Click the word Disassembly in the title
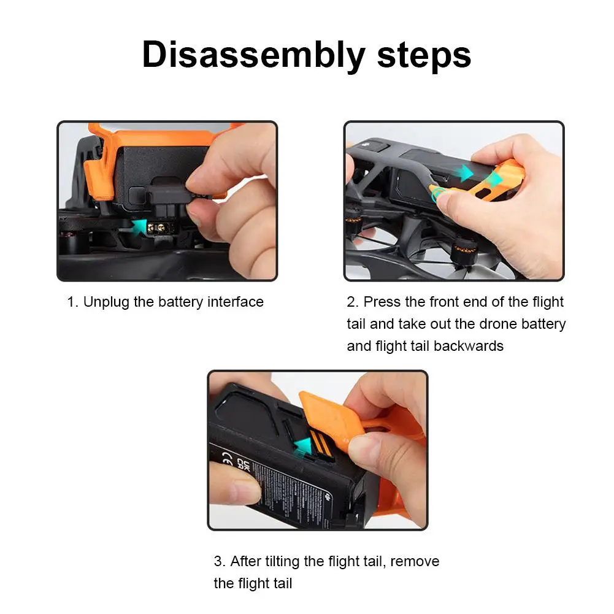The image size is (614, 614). pos(253,55)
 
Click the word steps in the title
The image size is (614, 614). pos(424,55)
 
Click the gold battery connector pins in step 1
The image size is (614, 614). pos(160,228)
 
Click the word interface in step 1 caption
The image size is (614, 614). pos(236,302)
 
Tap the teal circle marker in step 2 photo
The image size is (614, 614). pos(438,194)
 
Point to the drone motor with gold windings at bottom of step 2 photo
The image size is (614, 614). pos(462,253)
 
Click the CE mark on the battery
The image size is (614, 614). pos(227,458)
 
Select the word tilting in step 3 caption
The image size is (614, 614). pos(282,561)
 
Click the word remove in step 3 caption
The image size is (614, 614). pos(415,561)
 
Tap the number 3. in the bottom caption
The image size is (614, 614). pos(220,561)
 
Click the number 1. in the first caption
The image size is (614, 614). pos(73,302)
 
